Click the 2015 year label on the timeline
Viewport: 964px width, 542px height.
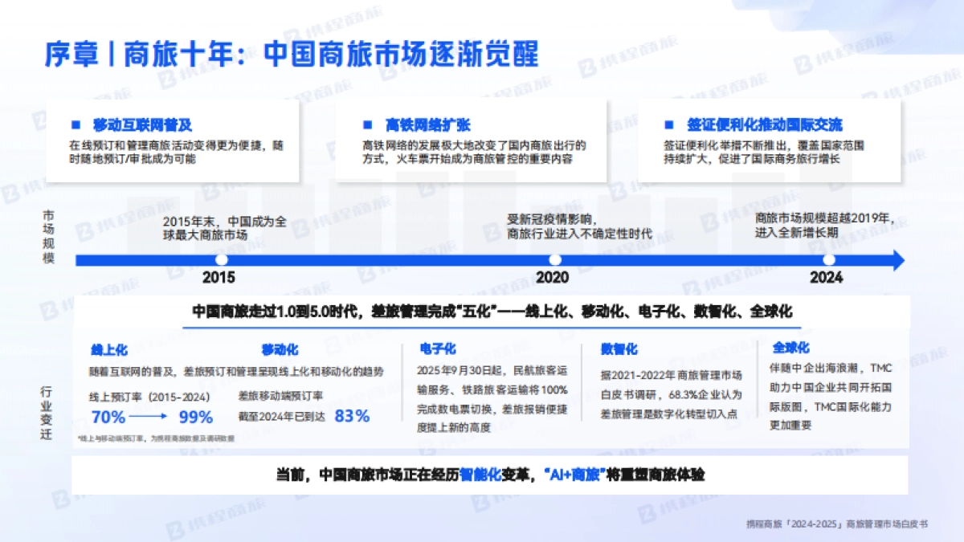[219, 278]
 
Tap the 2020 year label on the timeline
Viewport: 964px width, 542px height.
[552, 278]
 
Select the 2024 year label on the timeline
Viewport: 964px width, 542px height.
[827, 278]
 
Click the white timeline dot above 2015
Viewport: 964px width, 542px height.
[222, 259]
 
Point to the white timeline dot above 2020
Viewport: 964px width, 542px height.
[554, 259]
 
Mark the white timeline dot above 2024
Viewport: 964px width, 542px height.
[829, 259]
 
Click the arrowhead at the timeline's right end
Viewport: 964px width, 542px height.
[898, 259]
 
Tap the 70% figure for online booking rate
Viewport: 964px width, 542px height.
[108, 417]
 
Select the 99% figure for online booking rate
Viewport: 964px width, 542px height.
[195, 417]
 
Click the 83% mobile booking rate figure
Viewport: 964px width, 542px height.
[351, 416]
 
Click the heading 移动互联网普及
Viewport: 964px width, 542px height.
[142, 125]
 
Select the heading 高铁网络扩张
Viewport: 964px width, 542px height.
[427, 125]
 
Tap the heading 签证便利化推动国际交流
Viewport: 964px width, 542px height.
[764, 125]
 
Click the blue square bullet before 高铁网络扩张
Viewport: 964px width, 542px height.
[367, 124]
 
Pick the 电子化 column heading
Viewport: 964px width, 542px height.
[438, 348]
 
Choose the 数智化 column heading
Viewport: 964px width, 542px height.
[619, 349]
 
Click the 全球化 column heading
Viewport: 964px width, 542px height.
[790, 348]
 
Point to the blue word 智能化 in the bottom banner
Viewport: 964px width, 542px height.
[481, 475]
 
